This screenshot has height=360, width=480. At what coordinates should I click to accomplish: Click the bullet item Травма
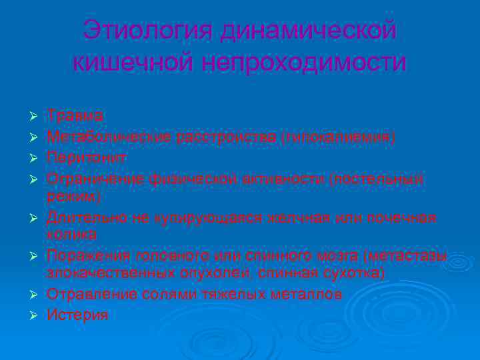click(75, 117)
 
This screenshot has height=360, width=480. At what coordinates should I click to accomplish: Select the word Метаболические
click(109, 137)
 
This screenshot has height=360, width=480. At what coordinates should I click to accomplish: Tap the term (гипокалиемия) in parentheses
click(338, 137)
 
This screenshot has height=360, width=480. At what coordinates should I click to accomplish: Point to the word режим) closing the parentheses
click(73, 197)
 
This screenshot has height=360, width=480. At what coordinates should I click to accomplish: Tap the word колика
click(71, 235)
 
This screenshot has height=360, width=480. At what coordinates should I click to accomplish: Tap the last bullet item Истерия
click(77, 315)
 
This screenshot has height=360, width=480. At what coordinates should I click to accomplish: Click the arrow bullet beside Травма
click(31, 117)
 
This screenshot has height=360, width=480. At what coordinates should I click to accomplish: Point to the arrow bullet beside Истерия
click(31, 316)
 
